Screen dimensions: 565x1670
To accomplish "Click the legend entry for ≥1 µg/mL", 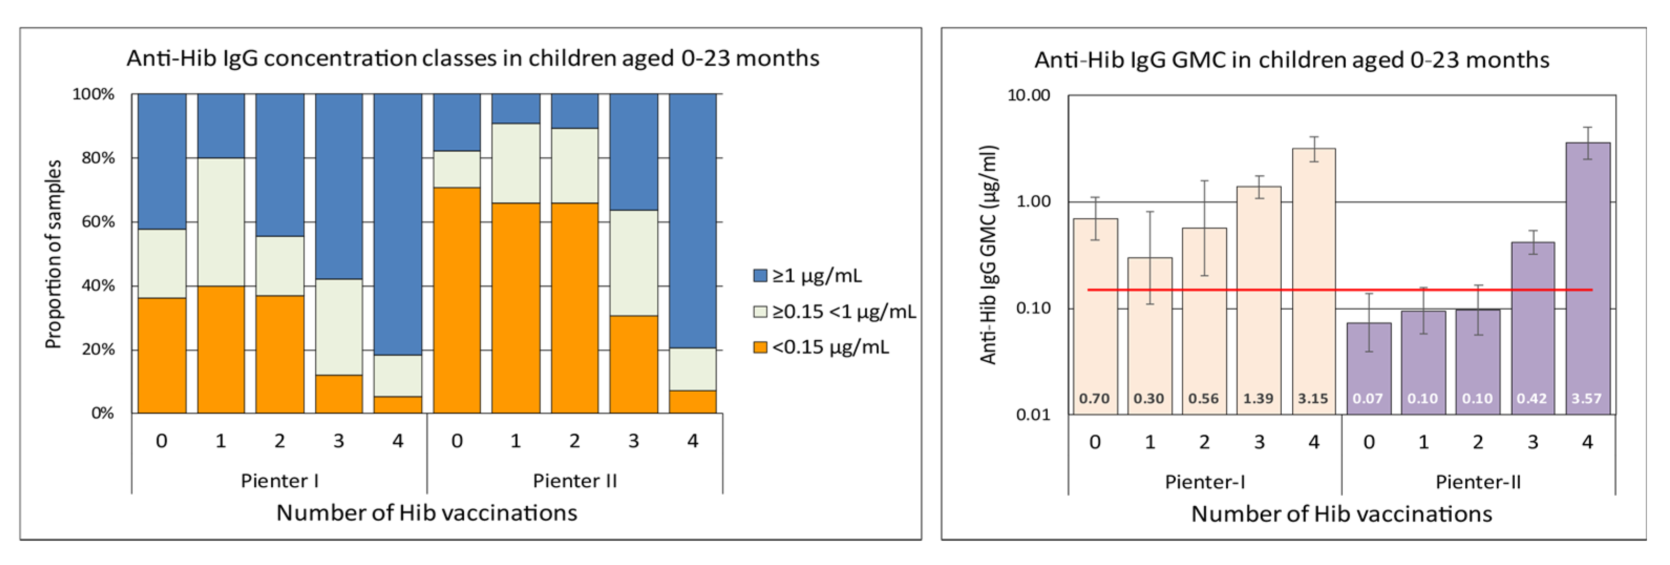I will pos(807,276).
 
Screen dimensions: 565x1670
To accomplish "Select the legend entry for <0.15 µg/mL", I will pos(820,347).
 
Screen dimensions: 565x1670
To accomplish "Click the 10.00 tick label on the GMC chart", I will pos(1028,96).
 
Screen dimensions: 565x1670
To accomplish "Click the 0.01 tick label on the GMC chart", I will pos(1032,414).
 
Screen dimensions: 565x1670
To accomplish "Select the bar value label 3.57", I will pos(1587,399).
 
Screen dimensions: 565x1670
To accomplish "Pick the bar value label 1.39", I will pos(1258,399).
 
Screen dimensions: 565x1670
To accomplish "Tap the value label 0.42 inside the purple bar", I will pos(1531,399).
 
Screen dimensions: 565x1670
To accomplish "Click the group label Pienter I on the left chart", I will pos(280,480).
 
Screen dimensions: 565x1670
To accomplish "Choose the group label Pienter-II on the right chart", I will pos(1477,482).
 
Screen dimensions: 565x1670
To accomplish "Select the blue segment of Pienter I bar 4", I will pos(397,224).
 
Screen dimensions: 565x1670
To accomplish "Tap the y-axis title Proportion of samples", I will pos(54,254).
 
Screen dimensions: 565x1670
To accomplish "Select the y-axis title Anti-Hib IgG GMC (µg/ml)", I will pos(988,254).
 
